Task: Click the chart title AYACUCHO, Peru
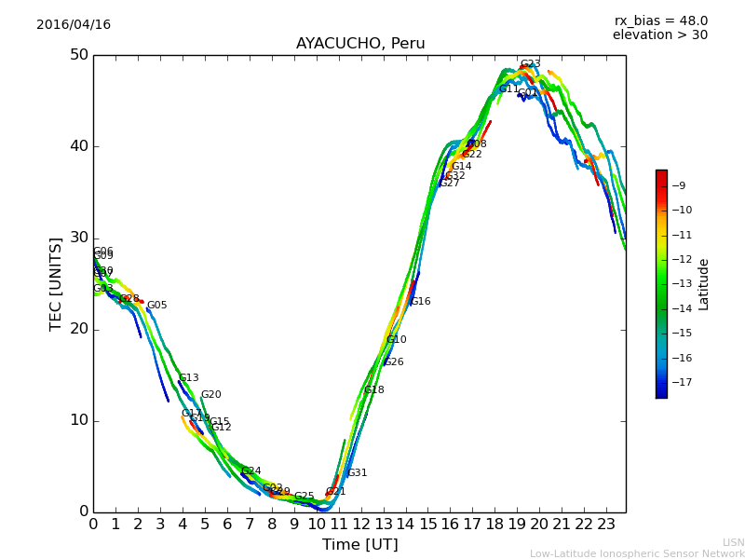(x=360, y=44)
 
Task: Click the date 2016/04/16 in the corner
(x=74, y=25)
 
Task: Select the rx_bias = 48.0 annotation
(x=660, y=21)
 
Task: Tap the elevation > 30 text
(x=659, y=35)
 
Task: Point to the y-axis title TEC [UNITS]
(x=56, y=283)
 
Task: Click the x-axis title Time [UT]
(x=359, y=545)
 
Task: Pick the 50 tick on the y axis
(x=78, y=55)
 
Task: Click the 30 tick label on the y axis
(x=78, y=238)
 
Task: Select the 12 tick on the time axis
(x=360, y=524)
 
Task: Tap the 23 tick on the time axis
(x=606, y=524)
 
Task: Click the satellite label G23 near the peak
(x=530, y=64)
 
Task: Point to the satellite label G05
(x=156, y=306)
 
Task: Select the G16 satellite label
(x=420, y=302)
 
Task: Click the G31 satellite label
(x=357, y=473)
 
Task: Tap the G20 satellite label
(x=210, y=395)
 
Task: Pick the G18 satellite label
(x=373, y=390)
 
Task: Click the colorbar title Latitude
(x=704, y=284)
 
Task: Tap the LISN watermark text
(x=733, y=542)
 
